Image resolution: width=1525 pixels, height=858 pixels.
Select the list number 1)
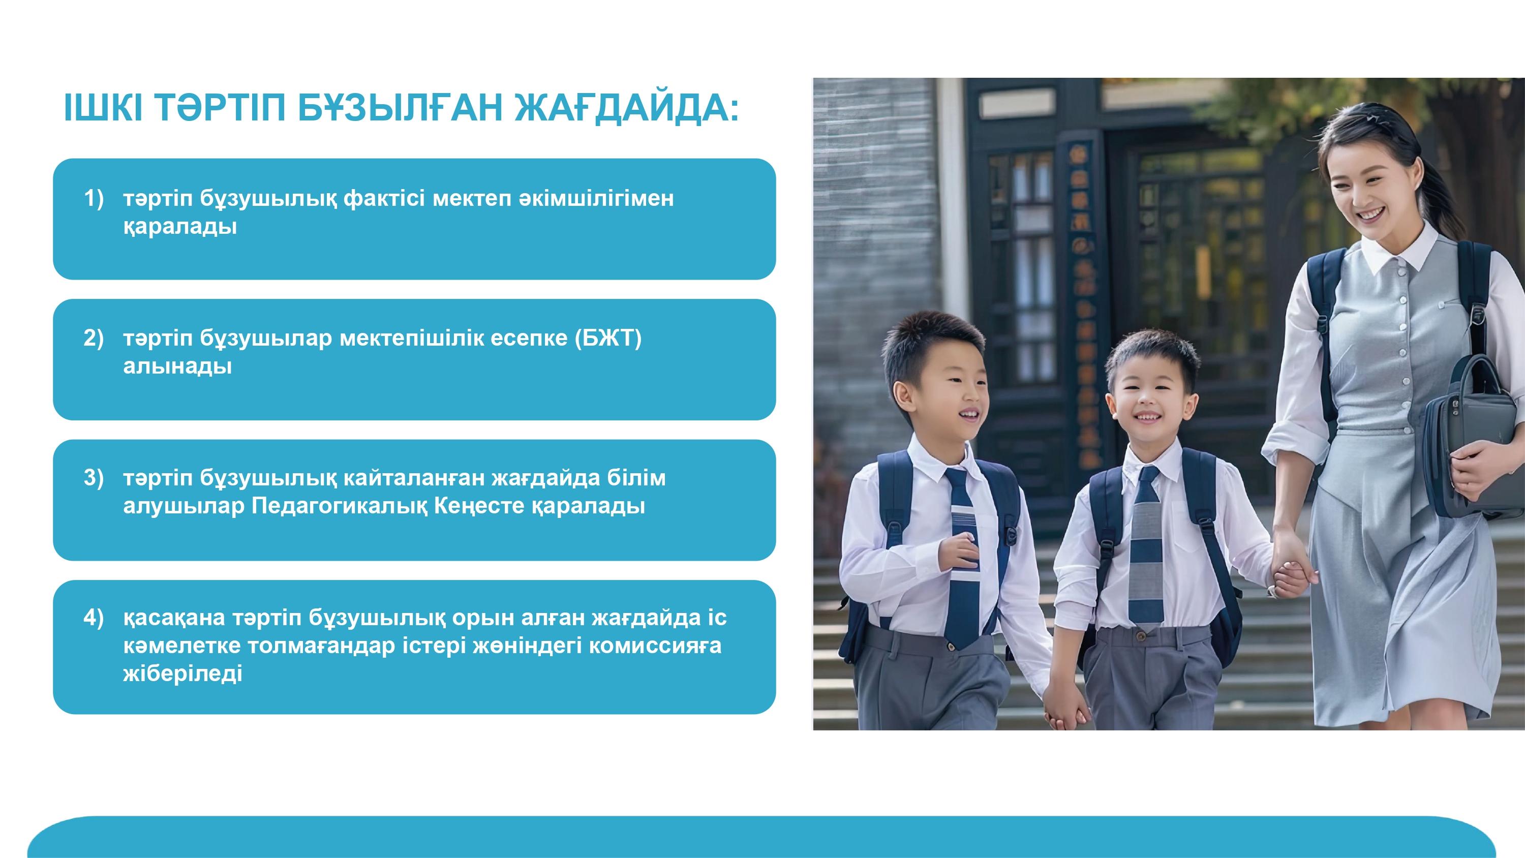[94, 198]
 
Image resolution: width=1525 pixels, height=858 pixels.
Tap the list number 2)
[94, 338]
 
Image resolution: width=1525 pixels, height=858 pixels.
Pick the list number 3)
[94, 478]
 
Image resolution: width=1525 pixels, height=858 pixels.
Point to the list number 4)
[94, 618]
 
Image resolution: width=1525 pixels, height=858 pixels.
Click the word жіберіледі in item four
[183, 674]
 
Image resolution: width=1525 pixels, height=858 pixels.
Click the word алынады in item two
[177, 366]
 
